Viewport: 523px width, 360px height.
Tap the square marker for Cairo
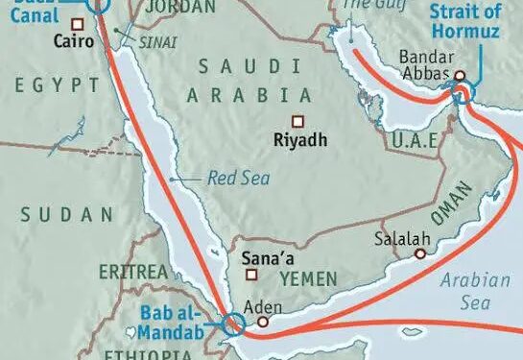[x=48, y=42]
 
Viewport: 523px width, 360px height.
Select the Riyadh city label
[x=300, y=140]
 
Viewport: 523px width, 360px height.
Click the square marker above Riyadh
[x=297, y=121]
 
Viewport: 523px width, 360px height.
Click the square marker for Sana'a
[x=251, y=275]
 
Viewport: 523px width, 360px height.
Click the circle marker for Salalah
[x=420, y=254]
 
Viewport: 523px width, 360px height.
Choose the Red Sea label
[x=238, y=178]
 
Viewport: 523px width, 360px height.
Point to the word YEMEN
[x=309, y=278]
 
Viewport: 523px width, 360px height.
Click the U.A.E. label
[x=415, y=141]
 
